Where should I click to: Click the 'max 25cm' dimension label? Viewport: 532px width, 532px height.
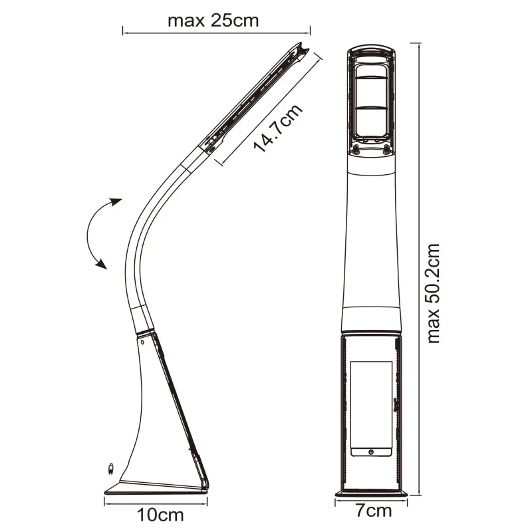(x=213, y=21)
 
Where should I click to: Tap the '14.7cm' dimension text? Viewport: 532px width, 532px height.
(x=278, y=128)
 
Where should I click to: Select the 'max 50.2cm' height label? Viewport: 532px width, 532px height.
(x=434, y=293)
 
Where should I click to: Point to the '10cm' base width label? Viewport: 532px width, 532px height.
(x=160, y=515)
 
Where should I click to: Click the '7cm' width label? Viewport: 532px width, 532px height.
(x=374, y=511)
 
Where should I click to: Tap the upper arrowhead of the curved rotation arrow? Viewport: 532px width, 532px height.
(x=116, y=202)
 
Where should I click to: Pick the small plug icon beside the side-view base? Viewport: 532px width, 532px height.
(x=110, y=469)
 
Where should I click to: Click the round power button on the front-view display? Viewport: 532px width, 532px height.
(x=371, y=452)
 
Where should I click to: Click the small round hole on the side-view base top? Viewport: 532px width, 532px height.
(x=142, y=342)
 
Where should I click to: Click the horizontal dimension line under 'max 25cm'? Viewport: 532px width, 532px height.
(x=217, y=33)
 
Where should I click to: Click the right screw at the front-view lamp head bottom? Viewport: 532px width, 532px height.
(x=386, y=148)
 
